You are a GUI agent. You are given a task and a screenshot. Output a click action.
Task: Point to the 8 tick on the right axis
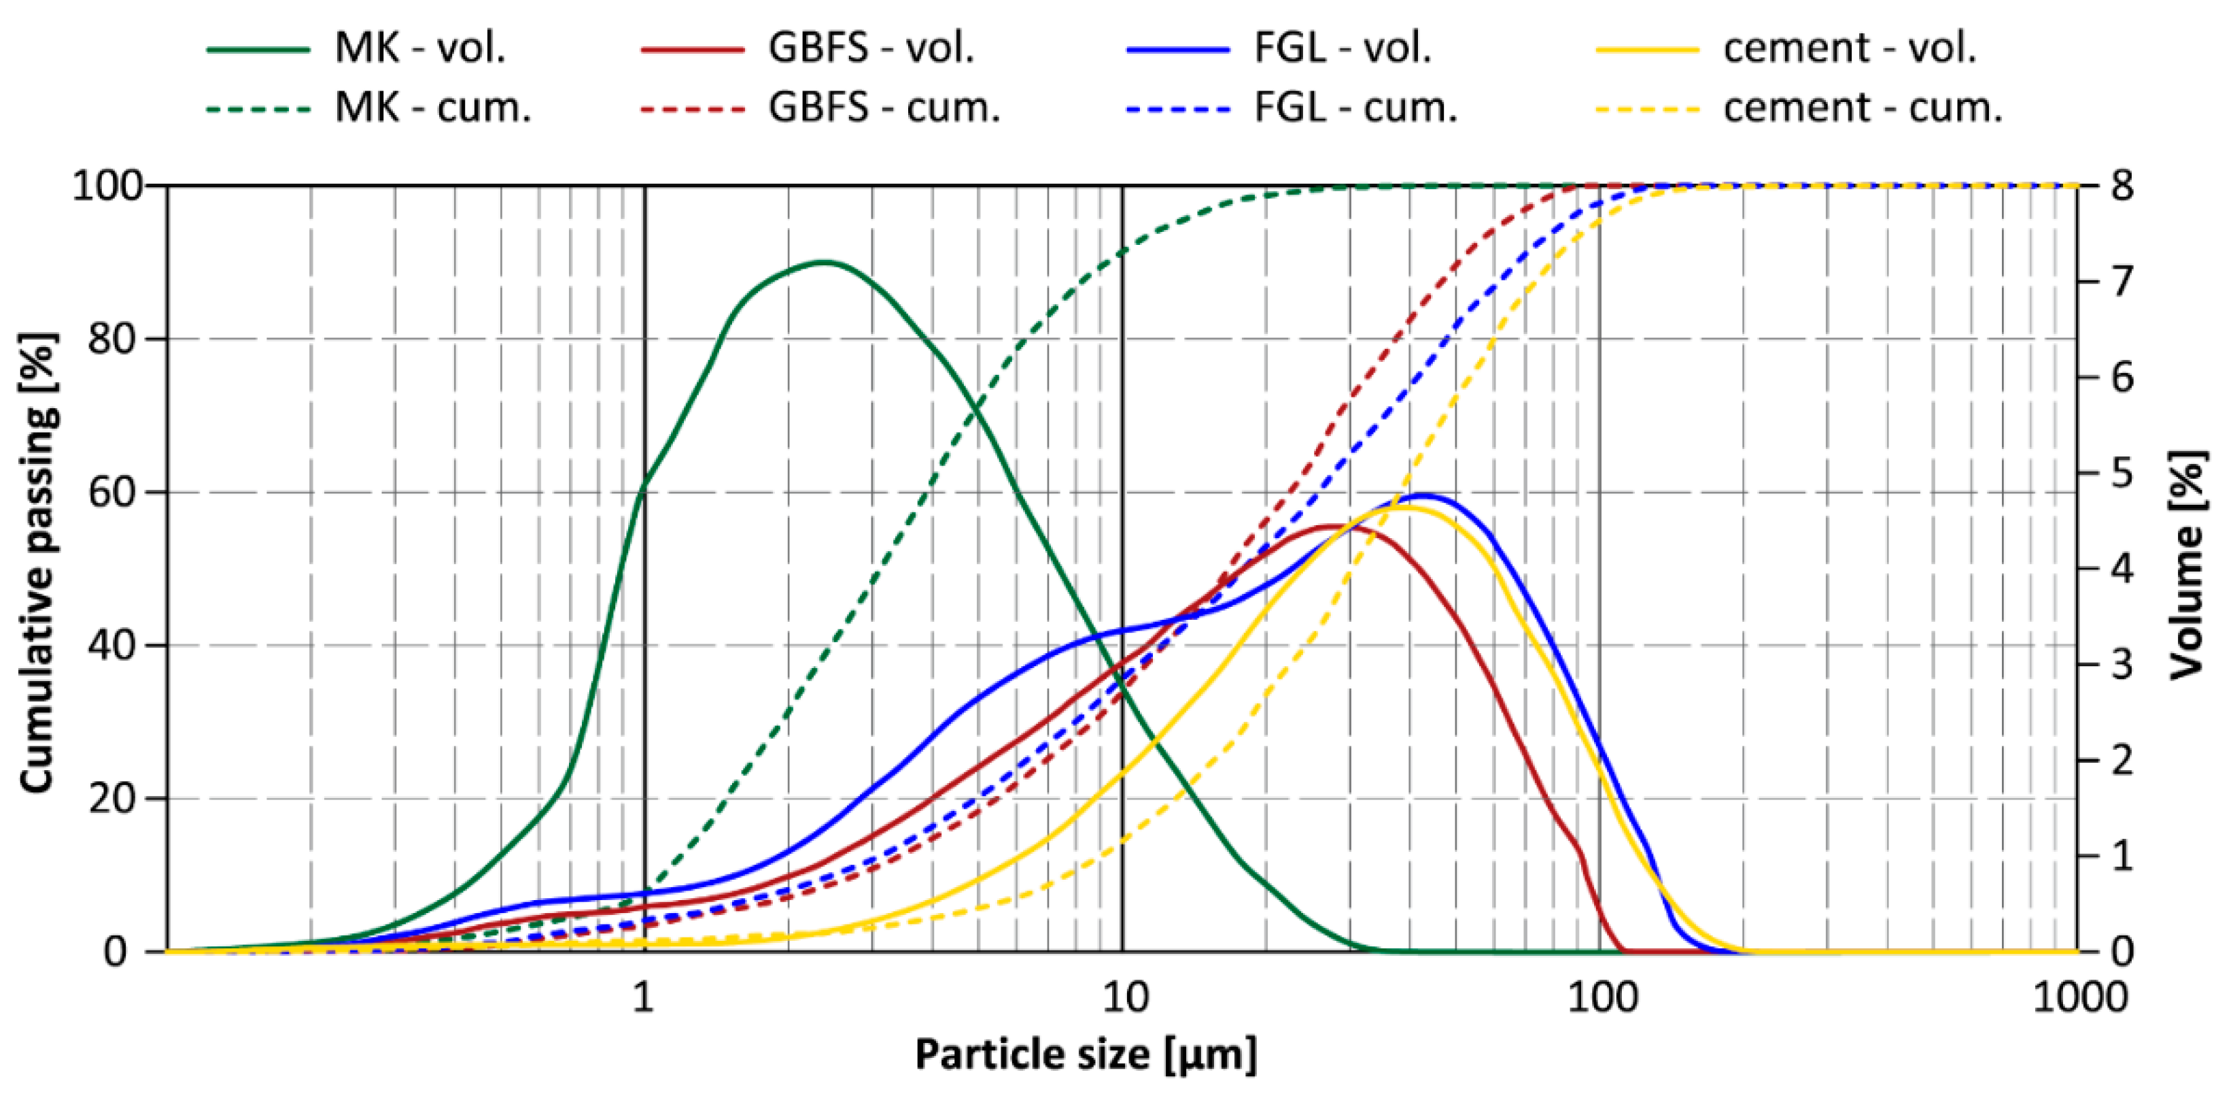2122,186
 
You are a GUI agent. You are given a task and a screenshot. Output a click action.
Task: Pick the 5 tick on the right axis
2122,474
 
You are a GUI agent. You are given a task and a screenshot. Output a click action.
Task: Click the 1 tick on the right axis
2122,857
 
